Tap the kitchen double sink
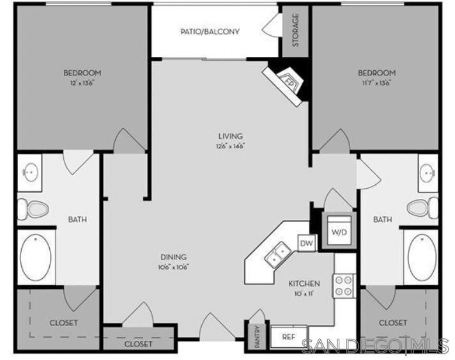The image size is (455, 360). coord(277,254)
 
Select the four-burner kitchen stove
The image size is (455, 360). coord(344,285)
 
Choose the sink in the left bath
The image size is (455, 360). coord(29,171)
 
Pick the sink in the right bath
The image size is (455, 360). coord(428,171)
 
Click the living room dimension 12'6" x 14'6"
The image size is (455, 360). coord(230,146)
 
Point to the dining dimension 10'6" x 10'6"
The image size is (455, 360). coord(174,267)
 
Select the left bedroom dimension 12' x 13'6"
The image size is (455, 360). coord(82,83)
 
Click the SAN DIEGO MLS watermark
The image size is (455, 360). coord(374,346)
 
